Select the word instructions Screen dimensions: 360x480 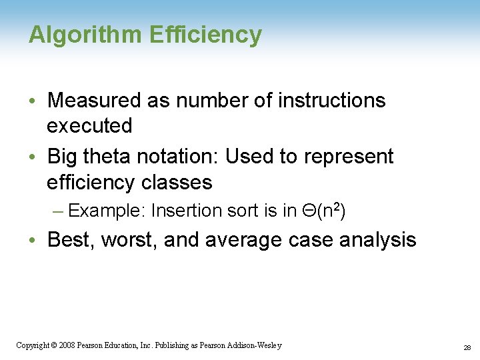[331, 101]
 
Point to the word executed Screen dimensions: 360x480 [89, 125]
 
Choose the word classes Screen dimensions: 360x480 [180, 182]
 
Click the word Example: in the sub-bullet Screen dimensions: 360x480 [107, 211]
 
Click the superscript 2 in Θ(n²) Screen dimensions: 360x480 [337, 207]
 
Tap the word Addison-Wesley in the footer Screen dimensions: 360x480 [255, 345]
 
